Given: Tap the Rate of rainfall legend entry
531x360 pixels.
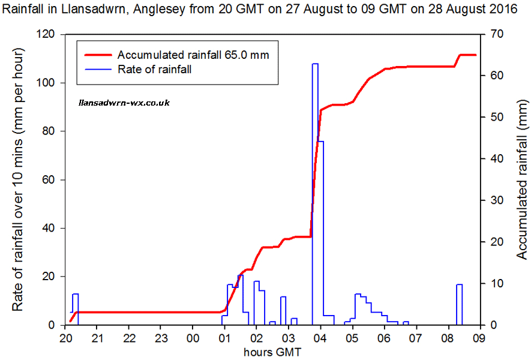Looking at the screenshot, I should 155,70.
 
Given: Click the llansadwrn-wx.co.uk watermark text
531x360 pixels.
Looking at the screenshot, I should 124,103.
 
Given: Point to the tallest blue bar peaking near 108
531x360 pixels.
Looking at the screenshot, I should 315,180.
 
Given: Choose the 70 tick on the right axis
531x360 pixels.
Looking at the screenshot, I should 490,35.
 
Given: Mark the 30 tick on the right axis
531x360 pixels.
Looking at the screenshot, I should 490,200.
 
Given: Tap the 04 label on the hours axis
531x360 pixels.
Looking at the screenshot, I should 320,338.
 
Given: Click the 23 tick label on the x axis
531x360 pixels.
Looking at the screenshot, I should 160,338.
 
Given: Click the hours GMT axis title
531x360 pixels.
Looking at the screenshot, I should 272,352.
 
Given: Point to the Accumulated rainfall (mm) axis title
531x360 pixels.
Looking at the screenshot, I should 521,180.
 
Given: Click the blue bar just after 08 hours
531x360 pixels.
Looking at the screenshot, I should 459,305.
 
